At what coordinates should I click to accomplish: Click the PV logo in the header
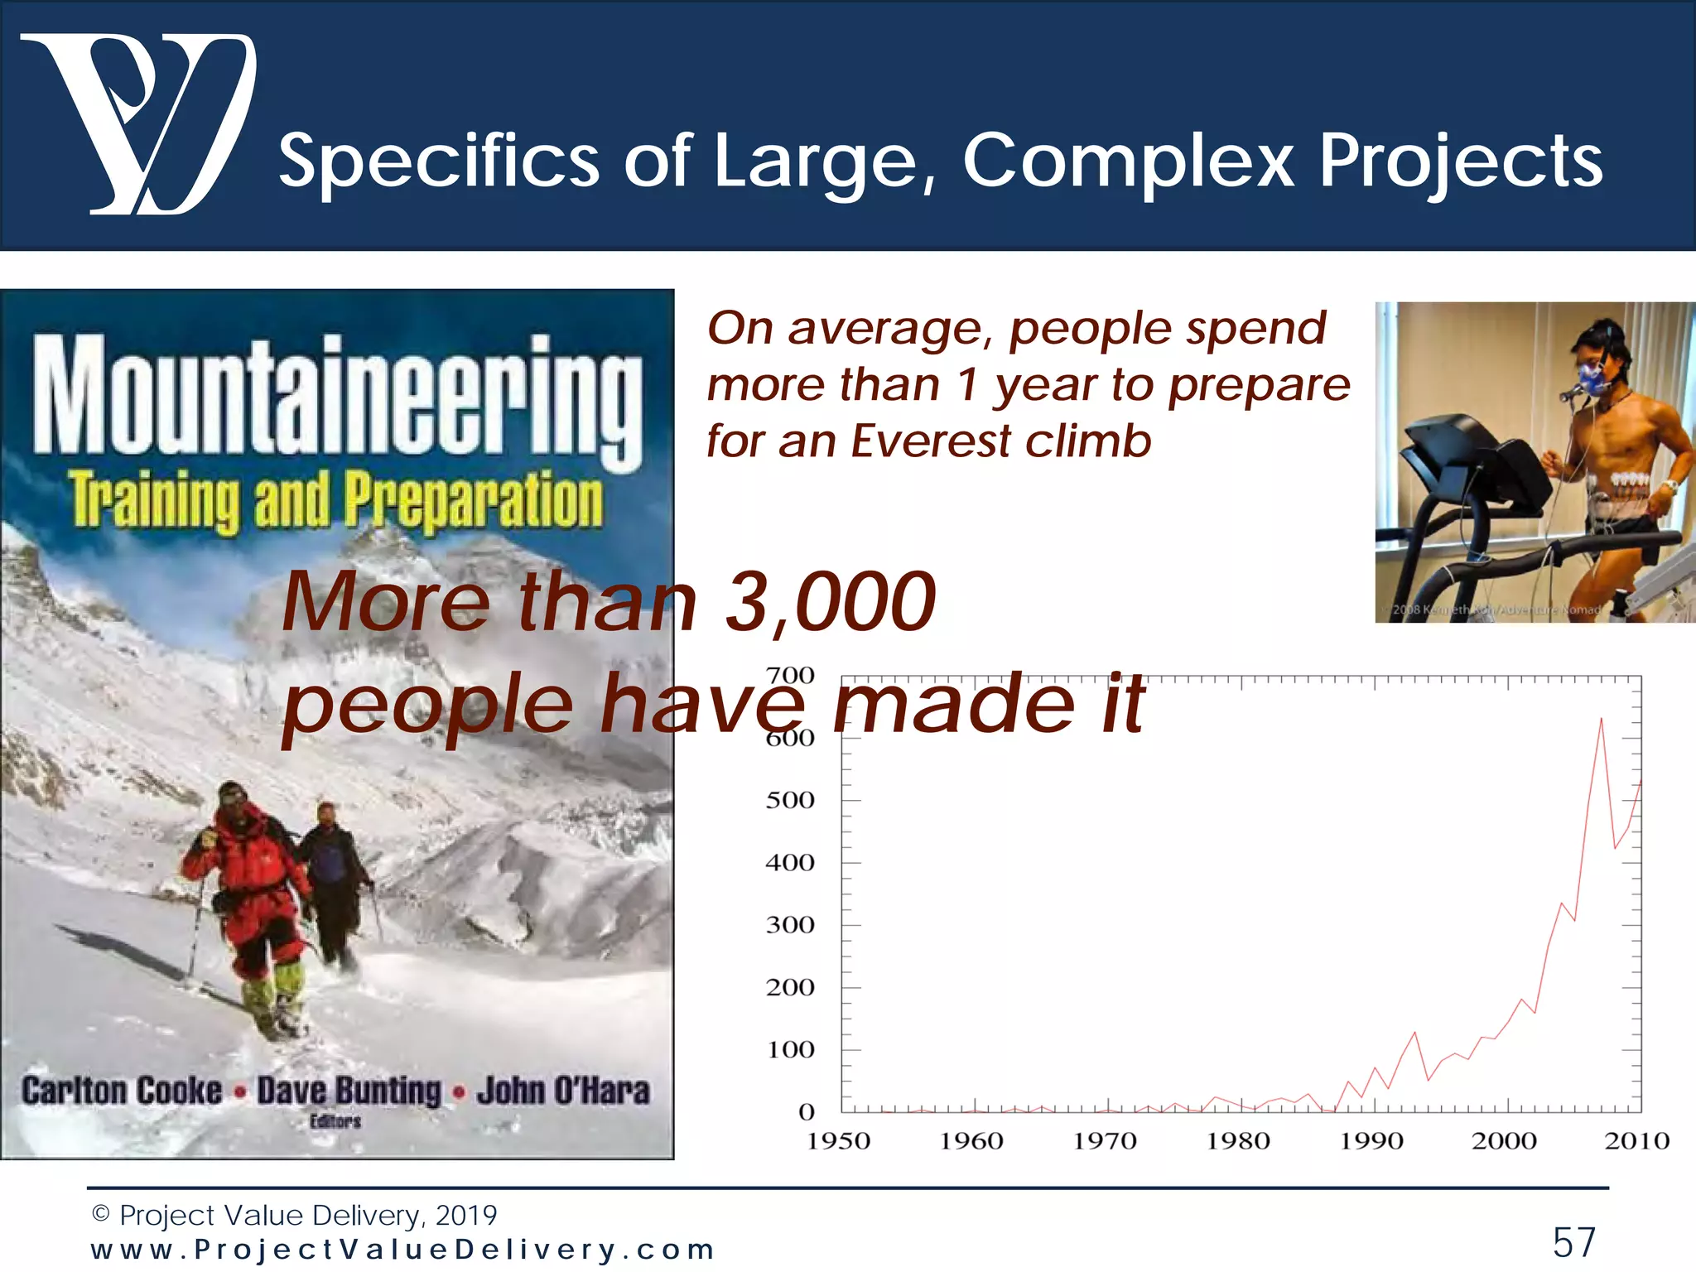tap(137, 124)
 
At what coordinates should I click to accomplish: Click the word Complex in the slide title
tap(1128, 161)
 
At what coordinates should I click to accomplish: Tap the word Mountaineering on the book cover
tap(337, 397)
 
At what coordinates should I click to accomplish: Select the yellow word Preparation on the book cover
tap(474, 499)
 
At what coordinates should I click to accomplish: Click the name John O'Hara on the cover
tap(563, 1091)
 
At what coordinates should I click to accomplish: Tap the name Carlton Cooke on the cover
tap(122, 1091)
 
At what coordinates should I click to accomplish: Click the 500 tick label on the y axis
tap(789, 800)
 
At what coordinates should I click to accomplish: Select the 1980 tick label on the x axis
tap(1237, 1141)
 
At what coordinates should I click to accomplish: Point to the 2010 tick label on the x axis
tap(1636, 1141)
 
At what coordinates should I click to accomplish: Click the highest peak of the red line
tap(1601, 719)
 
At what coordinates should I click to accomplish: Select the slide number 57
tap(1573, 1242)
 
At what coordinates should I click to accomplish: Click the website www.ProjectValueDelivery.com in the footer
tap(403, 1250)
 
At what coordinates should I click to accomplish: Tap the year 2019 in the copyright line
tap(465, 1215)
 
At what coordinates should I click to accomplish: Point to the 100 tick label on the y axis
tap(789, 1050)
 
